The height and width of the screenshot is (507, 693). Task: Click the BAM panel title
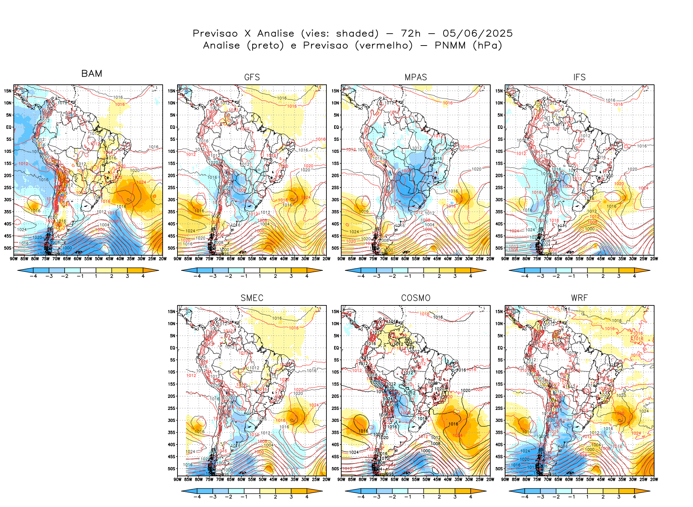pyautogui.click(x=92, y=73)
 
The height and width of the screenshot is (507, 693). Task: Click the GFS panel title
pyautogui.click(x=252, y=77)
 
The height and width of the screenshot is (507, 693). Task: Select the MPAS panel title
pyautogui.click(x=416, y=77)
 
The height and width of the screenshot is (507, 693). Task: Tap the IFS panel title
pyautogui.click(x=579, y=77)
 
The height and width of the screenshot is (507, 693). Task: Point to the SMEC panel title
pyautogui.click(x=252, y=298)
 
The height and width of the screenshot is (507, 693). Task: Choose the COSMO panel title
pyautogui.click(x=416, y=298)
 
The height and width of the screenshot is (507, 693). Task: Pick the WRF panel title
pyautogui.click(x=579, y=298)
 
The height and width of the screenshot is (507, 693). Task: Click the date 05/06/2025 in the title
pyautogui.click(x=477, y=34)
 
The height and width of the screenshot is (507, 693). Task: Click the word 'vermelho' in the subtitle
pyautogui.click(x=384, y=46)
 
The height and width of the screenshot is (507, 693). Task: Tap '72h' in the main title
pyautogui.click(x=411, y=34)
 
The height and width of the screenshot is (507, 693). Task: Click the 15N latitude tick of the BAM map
pyautogui.click(x=8, y=91)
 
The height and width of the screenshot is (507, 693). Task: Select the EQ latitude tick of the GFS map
pyautogui.click(x=173, y=127)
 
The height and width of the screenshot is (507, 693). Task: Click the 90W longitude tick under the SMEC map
pyautogui.click(x=177, y=479)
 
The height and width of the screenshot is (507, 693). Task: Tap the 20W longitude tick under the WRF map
pyautogui.click(x=654, y=479)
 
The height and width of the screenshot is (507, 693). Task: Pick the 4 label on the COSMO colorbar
pyautogui.click(x=471, y=497)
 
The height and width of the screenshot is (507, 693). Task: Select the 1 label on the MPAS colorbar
pyautogui.click(x=423, y=276)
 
